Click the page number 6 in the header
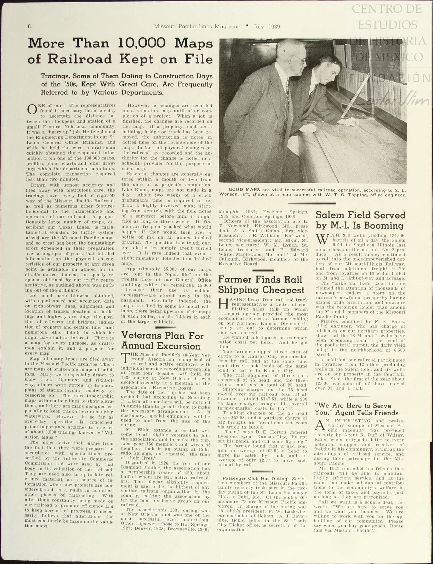(x=29, y=26)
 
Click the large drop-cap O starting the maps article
(x=32, y=109)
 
